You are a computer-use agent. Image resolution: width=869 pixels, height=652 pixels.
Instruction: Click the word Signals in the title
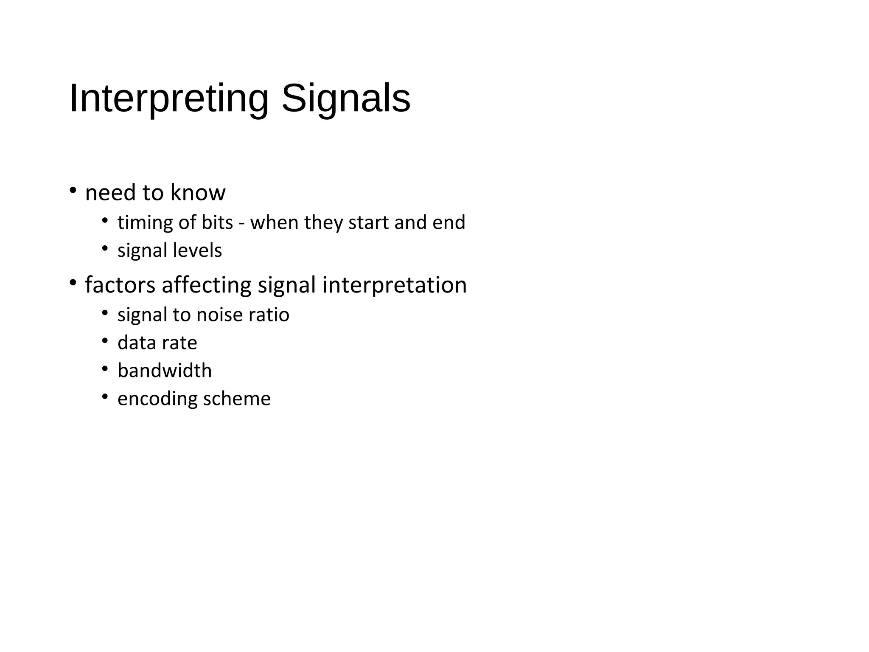point(346,98)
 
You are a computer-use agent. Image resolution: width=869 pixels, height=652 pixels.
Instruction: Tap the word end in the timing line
point(449,222)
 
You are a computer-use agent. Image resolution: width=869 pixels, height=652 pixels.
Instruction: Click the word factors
point(120,284)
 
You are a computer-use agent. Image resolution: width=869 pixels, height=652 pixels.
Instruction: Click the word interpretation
point(394,284)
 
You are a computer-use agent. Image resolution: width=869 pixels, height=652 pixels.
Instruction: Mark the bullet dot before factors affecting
point(73,282)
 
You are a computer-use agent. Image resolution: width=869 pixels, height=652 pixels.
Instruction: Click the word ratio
point(269,315)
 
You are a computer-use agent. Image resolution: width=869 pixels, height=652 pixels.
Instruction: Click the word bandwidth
point(165,371)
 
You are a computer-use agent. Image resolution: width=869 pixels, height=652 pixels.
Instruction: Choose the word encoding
point(157,399)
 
